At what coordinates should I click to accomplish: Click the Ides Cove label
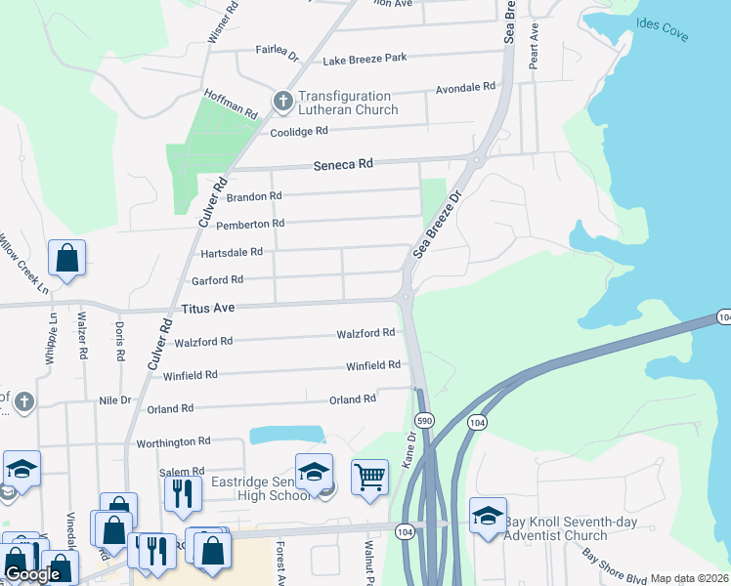[x=662, y=29]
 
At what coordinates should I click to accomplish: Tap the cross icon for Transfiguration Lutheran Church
[x=283, y=102]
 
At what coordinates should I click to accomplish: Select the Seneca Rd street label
[x=343, y=165]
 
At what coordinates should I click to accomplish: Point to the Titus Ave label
[x=208, y=308]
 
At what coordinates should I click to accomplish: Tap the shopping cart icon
[x=369, y=478]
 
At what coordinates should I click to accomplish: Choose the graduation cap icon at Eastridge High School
[x=314, y=471]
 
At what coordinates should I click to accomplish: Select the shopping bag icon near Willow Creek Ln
[x=66, y=259]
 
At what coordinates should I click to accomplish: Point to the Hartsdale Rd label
[x=231, y=252]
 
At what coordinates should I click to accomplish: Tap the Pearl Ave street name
[x=534, y=46]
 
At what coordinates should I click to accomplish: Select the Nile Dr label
[x=114, y=400]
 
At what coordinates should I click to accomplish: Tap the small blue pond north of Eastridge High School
[x=286, y=435]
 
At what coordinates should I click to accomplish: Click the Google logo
[x=32, y=574]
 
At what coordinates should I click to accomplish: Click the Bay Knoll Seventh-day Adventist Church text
[x=572, y=528]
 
